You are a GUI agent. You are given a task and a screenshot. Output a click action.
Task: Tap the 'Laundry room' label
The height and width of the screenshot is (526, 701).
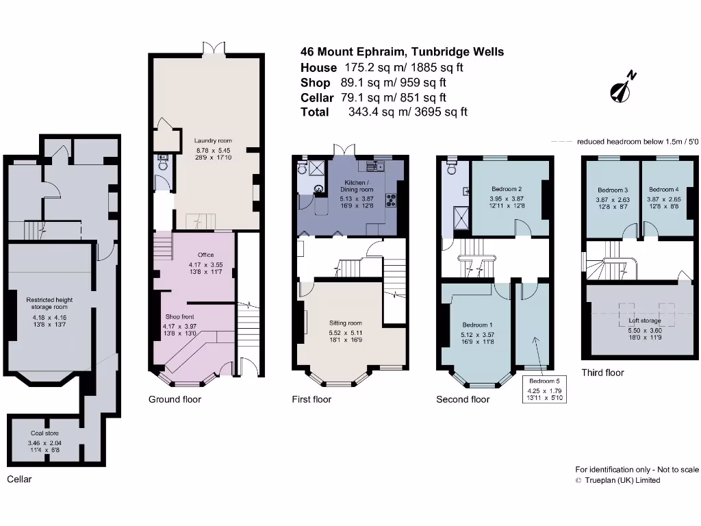[213, 140]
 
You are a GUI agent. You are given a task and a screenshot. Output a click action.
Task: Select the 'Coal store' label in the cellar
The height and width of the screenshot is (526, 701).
[44, 433]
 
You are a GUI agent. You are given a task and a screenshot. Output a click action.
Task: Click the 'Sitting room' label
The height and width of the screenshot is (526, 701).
[346, 323]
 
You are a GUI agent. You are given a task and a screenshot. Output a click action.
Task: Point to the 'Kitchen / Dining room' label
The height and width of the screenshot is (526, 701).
[357, 185]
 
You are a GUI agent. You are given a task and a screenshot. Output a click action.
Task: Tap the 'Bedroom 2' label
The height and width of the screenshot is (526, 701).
[507, 189]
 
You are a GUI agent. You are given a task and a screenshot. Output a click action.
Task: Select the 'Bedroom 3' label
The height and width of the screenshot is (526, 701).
[612, 190]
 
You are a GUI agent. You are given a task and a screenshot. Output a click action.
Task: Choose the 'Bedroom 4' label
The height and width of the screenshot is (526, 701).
[663, 190]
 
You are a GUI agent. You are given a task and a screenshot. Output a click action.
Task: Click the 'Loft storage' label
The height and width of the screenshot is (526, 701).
[645, 321]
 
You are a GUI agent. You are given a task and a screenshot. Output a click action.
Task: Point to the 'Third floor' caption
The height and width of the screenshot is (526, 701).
[602, 373]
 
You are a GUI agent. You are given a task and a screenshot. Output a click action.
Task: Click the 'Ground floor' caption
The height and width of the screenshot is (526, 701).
[175, 399]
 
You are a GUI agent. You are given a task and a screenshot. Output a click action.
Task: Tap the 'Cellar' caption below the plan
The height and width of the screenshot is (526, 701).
[19, 479]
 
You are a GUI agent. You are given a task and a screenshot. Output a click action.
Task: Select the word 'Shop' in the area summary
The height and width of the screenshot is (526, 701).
[315, 83]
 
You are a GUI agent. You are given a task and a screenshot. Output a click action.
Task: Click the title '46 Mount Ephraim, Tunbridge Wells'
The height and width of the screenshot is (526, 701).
[402, 52]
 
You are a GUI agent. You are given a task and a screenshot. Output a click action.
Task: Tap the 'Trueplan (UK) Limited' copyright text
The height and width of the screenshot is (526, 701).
[622, 480]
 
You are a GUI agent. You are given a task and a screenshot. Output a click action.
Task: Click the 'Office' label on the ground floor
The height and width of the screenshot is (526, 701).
[206, 255]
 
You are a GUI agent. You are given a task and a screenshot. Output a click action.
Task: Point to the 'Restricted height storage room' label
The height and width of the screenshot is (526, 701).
[49, 303]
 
